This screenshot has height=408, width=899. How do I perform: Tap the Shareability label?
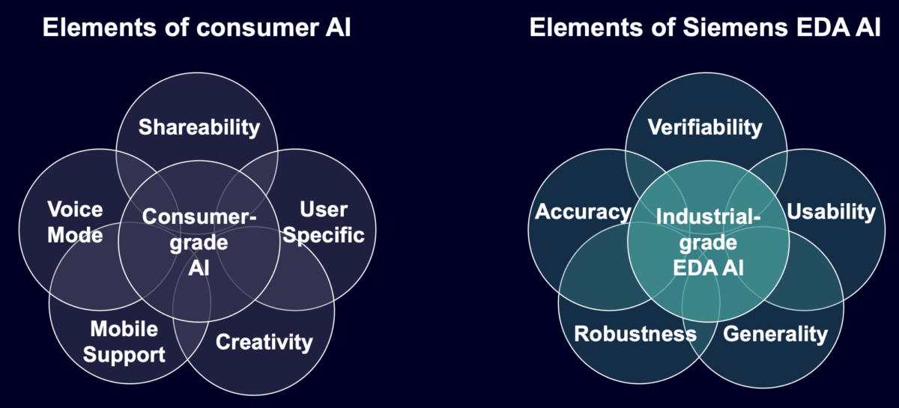(199, 127)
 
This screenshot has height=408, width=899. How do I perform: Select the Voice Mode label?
(75, 222)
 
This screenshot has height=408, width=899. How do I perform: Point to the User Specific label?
(326, 222)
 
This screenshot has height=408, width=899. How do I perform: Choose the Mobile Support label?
(124, 341)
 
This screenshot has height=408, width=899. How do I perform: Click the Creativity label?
(264, 342)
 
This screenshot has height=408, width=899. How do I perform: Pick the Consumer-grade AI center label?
(199, 241)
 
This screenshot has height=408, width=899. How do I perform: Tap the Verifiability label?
(705, 127)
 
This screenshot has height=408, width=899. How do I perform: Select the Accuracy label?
(583, 212)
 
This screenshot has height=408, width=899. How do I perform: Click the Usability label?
(831, 212)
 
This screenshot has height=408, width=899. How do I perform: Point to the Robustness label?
(635, 333)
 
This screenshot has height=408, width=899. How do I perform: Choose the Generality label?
(775, 333)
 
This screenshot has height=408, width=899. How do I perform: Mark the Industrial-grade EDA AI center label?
(708, 241)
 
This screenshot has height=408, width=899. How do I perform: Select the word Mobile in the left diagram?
(124, 329)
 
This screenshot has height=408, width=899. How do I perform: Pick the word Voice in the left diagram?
(75, 209)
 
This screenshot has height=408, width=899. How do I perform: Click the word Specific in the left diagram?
(326, 235)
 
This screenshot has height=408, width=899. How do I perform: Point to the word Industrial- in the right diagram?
(708, 216)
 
